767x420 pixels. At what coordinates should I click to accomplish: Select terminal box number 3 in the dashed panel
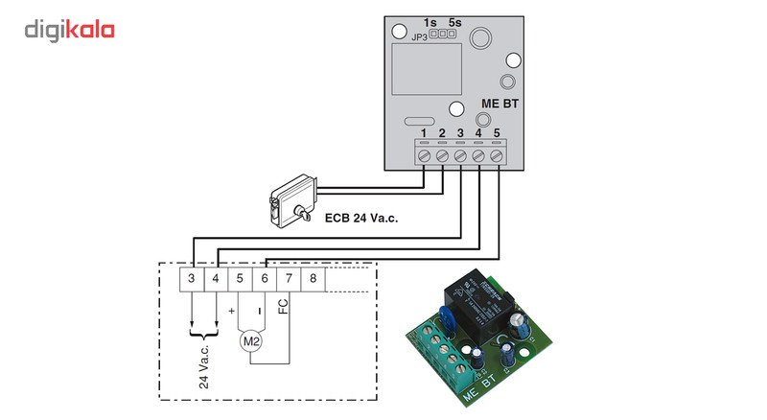[192, 279]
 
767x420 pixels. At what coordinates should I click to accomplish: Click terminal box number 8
[313, 279]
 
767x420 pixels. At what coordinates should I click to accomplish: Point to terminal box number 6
[264, 279]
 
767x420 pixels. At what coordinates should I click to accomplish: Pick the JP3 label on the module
[419, 37]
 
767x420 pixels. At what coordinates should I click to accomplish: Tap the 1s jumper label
[430, 21]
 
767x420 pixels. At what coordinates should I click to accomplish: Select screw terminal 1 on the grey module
[424, 154]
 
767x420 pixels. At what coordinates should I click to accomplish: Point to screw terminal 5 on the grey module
[497, 154]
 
